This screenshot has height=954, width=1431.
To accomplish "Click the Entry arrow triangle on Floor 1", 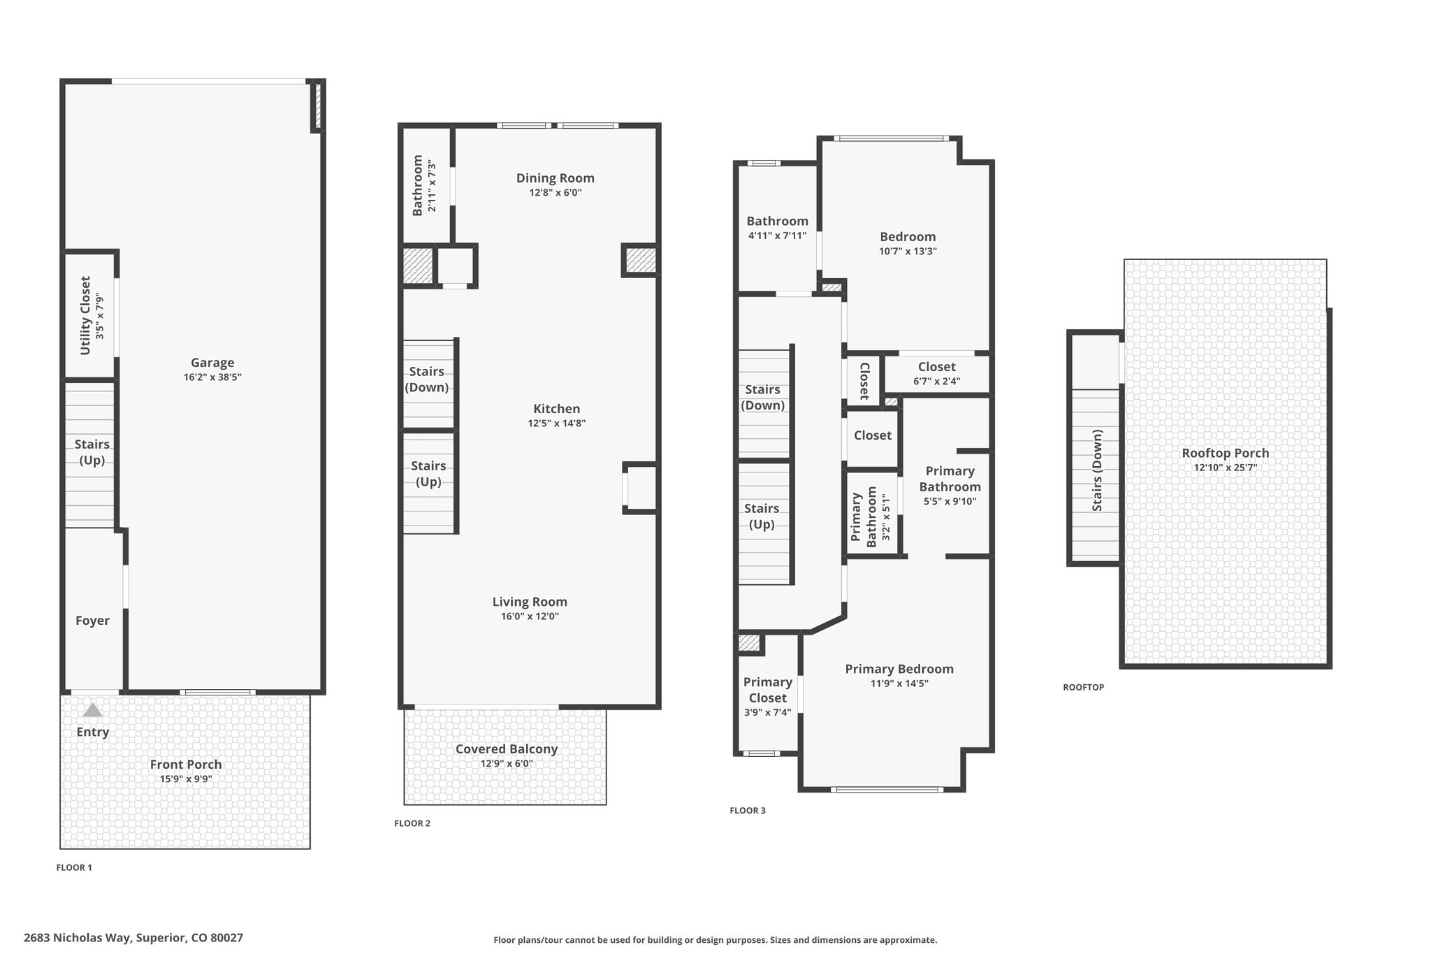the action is [x=93, y=710].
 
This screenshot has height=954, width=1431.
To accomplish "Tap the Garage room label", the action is [x=212, y=363].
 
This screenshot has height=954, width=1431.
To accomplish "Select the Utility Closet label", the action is [x=85, y=315].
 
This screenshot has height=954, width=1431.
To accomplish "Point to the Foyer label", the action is [x=92, y=621].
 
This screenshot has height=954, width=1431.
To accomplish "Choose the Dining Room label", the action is [x=555, y=178].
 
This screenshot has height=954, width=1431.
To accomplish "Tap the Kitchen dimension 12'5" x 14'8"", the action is [x=556, y=423].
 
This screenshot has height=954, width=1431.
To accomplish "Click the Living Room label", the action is [x=530, y=602].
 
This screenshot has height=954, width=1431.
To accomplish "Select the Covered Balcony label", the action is [x=507, y=749].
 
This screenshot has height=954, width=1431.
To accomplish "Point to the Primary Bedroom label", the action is [x=899, y=670].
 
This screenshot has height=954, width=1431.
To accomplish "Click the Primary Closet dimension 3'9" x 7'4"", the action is [x=767, y=713].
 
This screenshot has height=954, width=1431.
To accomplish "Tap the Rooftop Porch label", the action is [x=1226, y=453].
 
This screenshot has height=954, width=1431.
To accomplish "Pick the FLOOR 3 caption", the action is [x=748, y=811].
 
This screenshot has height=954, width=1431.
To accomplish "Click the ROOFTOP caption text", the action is [x=1084, y=688].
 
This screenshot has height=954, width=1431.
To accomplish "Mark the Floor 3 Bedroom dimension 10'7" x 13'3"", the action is [x=908, y=252].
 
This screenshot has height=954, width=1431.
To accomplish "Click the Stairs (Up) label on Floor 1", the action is [x=92, y=452].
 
